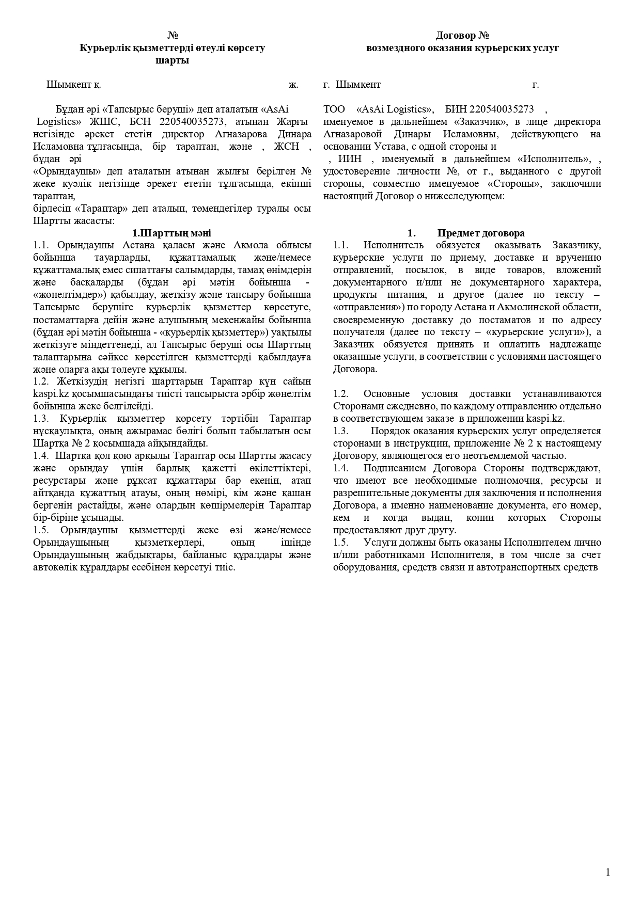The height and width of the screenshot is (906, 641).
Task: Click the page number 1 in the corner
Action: (607, 872)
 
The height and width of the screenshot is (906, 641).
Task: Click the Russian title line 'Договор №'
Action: (462, 36)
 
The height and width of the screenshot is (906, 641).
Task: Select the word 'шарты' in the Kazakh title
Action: (172, 60)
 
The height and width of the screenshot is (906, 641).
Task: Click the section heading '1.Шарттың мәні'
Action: (172, 233)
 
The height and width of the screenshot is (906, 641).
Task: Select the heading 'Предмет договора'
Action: (481, 233)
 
